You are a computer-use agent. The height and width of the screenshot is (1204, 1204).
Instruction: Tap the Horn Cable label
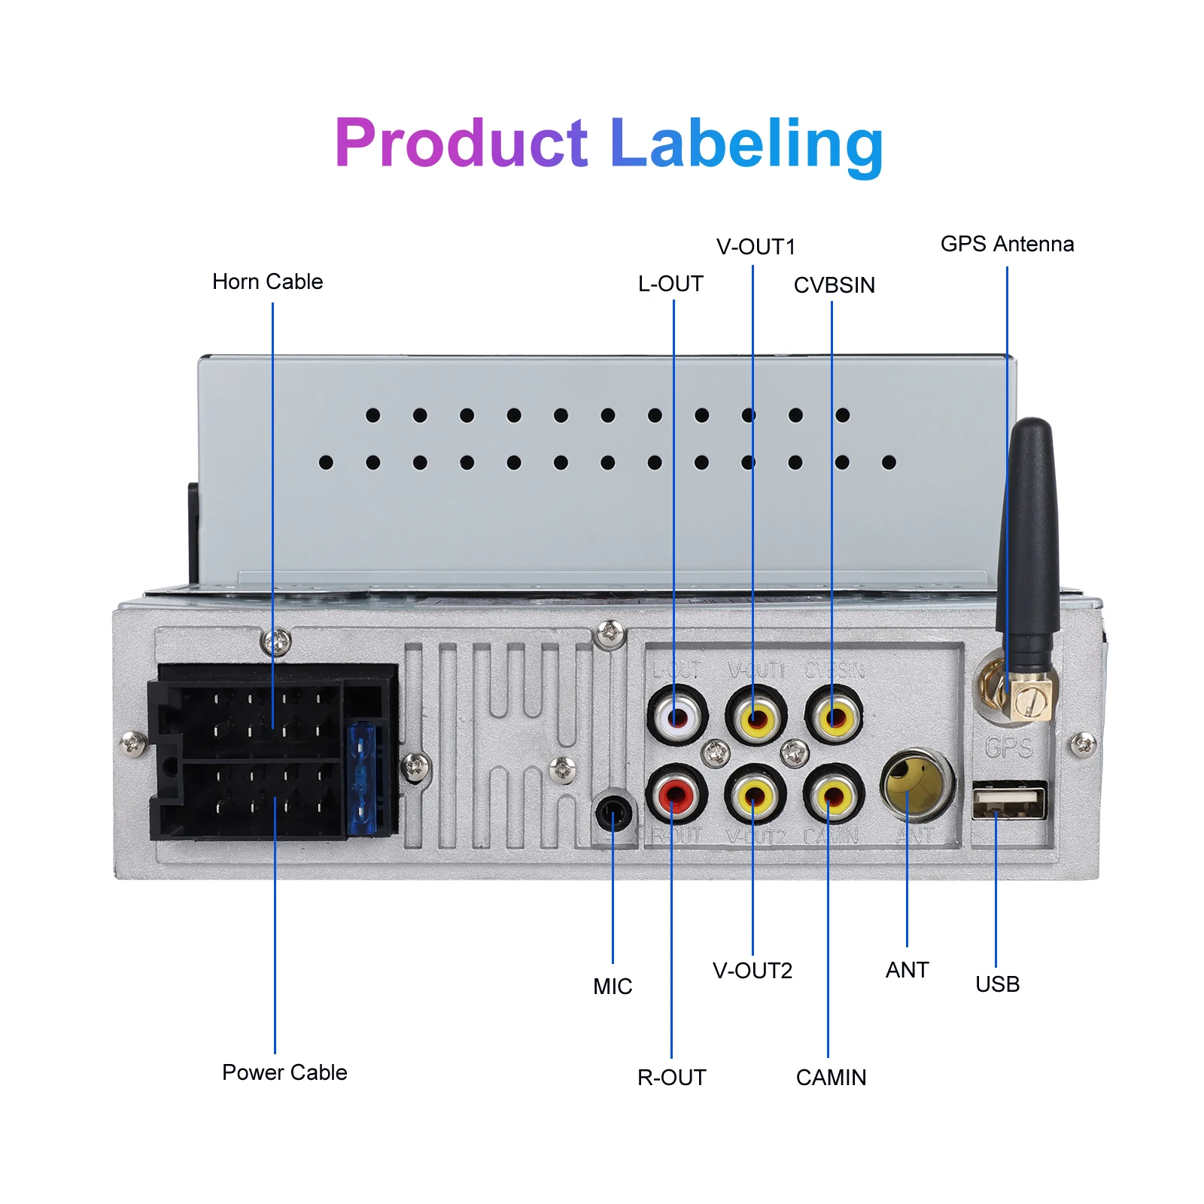point(267,281)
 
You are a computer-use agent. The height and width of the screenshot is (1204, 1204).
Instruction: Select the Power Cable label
point(284,1072)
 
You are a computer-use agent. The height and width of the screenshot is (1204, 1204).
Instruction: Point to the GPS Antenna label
point(1007,244)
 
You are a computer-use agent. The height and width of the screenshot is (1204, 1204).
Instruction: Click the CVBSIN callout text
point(834,285)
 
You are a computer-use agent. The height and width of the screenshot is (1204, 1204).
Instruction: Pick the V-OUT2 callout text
point(752,971)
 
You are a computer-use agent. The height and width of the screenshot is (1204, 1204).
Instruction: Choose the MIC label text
point(613,987)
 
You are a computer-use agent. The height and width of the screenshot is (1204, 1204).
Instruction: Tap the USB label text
point(997,984)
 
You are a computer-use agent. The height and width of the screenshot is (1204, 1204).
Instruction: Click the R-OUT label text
point(671,1078)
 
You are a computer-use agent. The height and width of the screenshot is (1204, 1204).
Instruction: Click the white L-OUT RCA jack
point(677,716)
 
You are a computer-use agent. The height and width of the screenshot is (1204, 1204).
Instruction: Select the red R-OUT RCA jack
point(676,795)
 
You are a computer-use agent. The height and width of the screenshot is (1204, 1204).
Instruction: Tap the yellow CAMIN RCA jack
point(833,795)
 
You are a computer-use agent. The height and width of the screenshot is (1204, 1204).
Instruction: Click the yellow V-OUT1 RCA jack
point(756,716)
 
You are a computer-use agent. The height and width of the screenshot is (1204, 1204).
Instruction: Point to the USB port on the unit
point(1009,801)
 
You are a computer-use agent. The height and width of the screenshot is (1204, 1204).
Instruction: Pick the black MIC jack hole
point(614,813)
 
